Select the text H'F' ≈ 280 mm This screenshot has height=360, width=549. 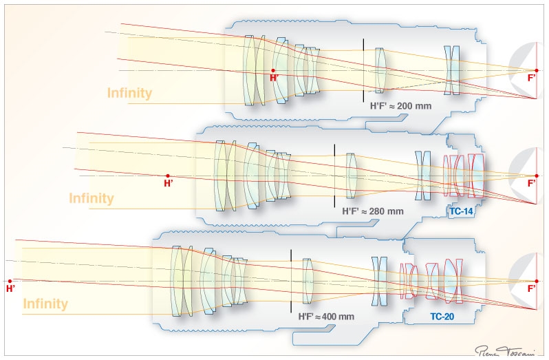(x=372, y=211)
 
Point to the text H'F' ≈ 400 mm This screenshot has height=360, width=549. (x=326, y=317)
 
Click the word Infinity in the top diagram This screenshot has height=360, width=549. (x=129, y=93)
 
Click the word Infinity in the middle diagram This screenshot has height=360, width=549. (x=91, y=198)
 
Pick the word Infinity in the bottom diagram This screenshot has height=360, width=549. (x=45, y=304)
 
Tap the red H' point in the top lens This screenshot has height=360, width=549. (x=273, y=70)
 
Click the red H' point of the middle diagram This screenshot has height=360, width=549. (x=167, y=176)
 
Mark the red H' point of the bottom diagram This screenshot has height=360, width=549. (x=10, y=281)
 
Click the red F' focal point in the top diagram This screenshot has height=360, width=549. (x=537, y=70)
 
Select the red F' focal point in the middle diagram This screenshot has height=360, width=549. (x=537, y=176)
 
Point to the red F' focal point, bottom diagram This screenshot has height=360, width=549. (x=537, y=281)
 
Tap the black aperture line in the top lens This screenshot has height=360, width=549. (x=364, y=70)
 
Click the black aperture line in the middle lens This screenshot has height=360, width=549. (x=334, y=176)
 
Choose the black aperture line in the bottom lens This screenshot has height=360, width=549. (x=291, y=281)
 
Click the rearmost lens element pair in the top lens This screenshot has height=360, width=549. (x=451, y=70)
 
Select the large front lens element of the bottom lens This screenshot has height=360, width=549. (x=177, y=281)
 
